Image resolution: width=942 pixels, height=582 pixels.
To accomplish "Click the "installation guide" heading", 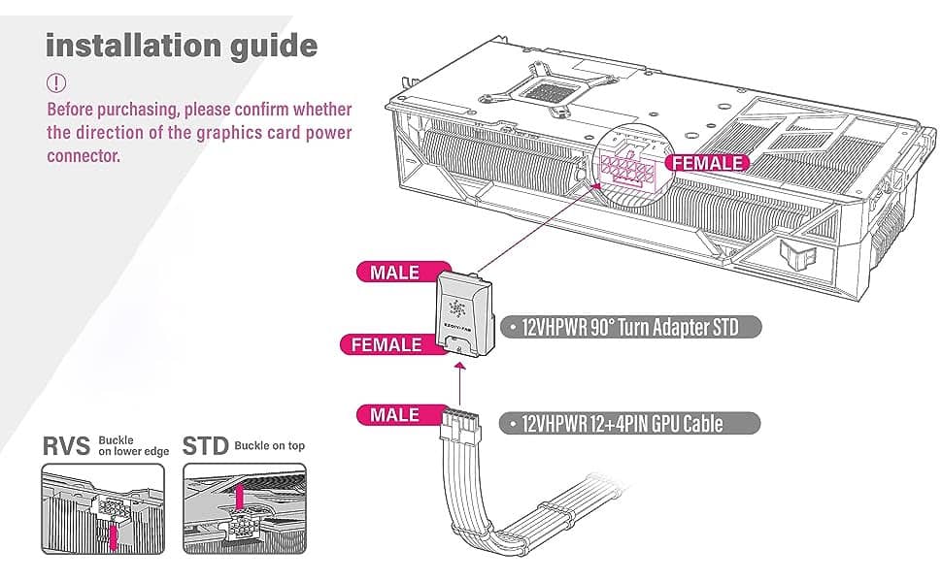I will [182, 45].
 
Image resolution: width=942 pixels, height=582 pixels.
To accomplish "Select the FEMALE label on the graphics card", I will [710, 163].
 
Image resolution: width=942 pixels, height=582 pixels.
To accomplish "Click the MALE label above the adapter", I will [394, 272].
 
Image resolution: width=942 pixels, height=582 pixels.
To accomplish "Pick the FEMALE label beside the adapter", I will [386, 344].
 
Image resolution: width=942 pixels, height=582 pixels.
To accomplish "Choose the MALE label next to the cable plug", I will [394, 415].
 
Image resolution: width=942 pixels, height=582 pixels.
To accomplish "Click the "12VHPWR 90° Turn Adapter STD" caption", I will [630, 327].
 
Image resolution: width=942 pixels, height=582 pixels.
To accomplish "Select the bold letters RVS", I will [66, 446].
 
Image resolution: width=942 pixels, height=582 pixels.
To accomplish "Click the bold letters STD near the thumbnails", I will [206, 446].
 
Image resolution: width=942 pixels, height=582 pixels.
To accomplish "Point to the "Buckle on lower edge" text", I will [134, 446].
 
